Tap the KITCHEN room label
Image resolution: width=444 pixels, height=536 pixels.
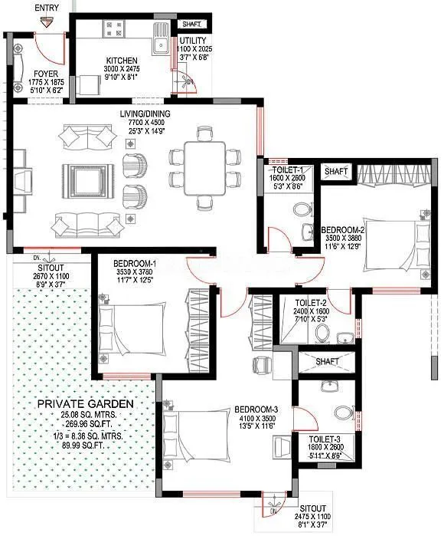(x=122, y=61)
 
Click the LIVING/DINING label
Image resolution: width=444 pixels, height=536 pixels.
(x=145, y=114)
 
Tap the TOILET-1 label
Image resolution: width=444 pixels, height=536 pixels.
(x=289, y=169)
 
